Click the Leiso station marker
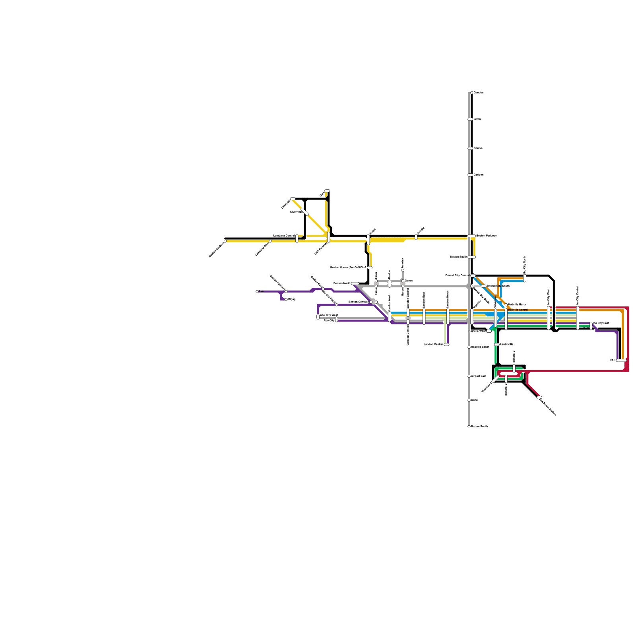tap(470, 119)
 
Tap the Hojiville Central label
tap(518, 310)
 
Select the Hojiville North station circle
tap(506, 305)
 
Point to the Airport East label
tap(479, 376)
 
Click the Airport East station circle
tap(469, 376)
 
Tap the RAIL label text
tap(613, 360)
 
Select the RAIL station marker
tap(621, 361)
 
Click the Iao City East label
tap(601, 323)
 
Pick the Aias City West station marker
tap(318, 317)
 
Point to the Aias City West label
tap(329, 315)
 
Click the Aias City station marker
tap(337, 319)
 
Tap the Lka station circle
tap(257, 291)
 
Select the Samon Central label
tap(358, 302)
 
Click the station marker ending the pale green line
tap(446, 345)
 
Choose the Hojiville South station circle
tap(469, 347)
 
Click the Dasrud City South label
tap(498, 286)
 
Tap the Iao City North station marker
tap(525, 278)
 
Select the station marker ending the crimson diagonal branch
tap(539, 397)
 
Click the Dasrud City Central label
tap(457, 275)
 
